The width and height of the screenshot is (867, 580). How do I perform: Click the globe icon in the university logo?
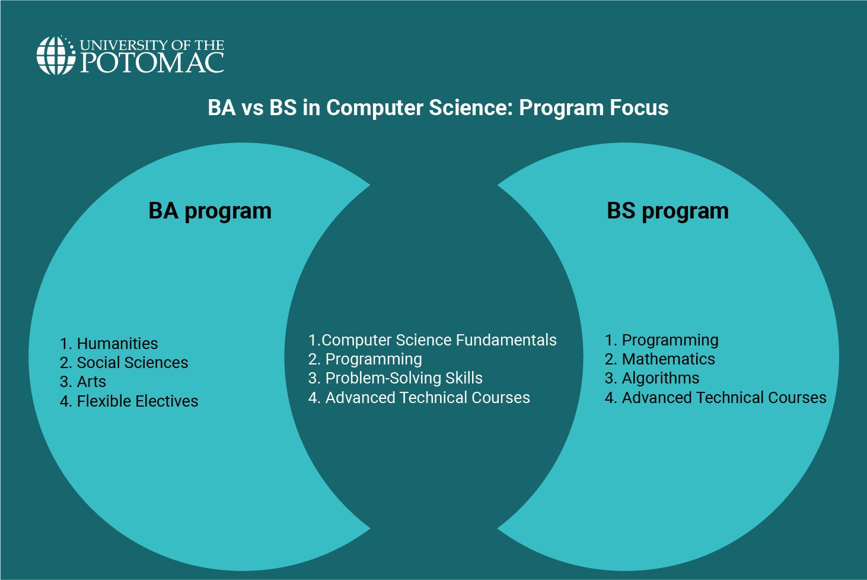[56, 56]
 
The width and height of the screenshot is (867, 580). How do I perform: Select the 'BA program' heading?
[210, 211]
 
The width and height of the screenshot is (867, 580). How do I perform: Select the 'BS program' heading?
[668, 211]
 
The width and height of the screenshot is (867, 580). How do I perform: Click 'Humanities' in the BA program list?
[117, 344]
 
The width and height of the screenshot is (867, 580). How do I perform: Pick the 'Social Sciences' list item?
[132, 363]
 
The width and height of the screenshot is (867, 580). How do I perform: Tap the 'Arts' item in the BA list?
[91, 382]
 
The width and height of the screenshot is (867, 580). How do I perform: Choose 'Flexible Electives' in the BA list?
[137, 401]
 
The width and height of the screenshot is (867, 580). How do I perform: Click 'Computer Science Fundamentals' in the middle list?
[438, 340]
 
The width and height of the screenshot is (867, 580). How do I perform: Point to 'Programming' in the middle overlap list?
[373, 359]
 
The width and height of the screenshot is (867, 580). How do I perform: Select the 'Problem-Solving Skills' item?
[403, 378]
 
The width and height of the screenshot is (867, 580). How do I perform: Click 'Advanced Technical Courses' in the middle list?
[427, 398]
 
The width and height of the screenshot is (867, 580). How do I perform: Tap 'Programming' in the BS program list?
[670, 340]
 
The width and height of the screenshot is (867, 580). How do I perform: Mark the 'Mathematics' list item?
[668, 359]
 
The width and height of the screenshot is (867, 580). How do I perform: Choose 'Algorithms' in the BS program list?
[660, 378]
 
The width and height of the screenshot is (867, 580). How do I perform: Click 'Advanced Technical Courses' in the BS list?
[723, 398]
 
